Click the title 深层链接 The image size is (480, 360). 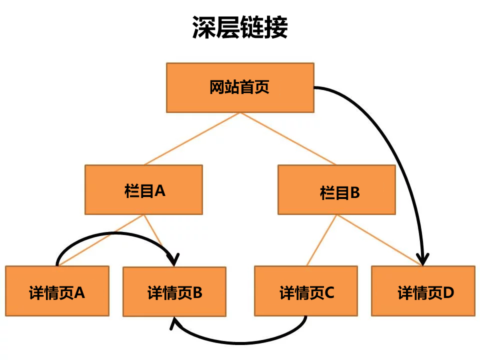coord(240,27)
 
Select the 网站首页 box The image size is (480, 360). coord(240,87)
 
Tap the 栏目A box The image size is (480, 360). coord(143,190)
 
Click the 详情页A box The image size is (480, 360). coord(57,291)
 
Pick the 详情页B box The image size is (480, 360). coord(174,291)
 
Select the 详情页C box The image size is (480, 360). coord(305,291)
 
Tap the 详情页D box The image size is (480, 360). coord(423,291)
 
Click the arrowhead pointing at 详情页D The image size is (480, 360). coord(423,260)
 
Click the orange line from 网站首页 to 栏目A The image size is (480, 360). coord(192,139)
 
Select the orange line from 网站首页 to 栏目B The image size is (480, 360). coord(288,139)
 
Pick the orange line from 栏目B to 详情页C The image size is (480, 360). coord(321,240)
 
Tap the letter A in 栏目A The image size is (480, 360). coord(159,190)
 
